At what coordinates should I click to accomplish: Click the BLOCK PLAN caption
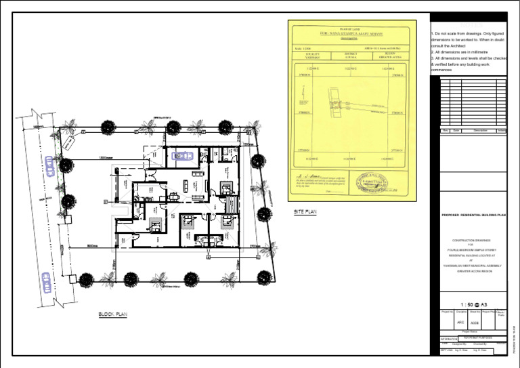click(x=112, y=314)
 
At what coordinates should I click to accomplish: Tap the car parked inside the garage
click(x=181, y=156)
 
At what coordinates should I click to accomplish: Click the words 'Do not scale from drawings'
click(x=462, y=34)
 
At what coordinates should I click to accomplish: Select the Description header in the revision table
click(x=480, y=130)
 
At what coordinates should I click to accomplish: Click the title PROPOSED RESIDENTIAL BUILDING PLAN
click(x=469, y=216)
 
